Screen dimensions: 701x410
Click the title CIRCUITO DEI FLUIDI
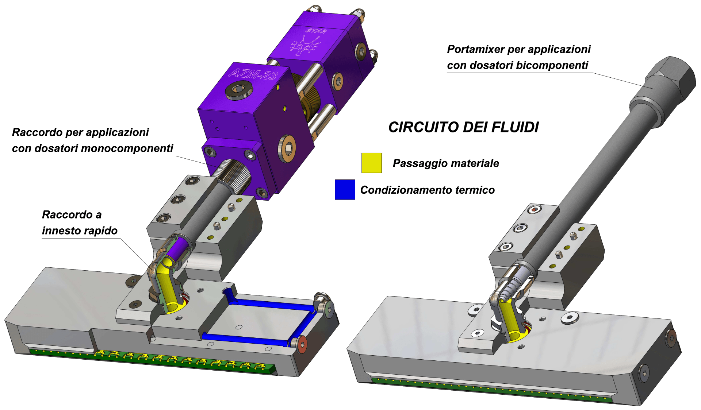[463, 127]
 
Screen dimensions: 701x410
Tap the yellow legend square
[372, 163]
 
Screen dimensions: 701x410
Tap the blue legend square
[345, 190]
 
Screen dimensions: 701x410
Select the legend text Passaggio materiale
[446, 163]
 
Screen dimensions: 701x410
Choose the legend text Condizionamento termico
[427, 190]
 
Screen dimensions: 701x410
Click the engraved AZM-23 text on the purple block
[253, 74]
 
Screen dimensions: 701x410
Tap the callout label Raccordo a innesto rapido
[80, 223]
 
